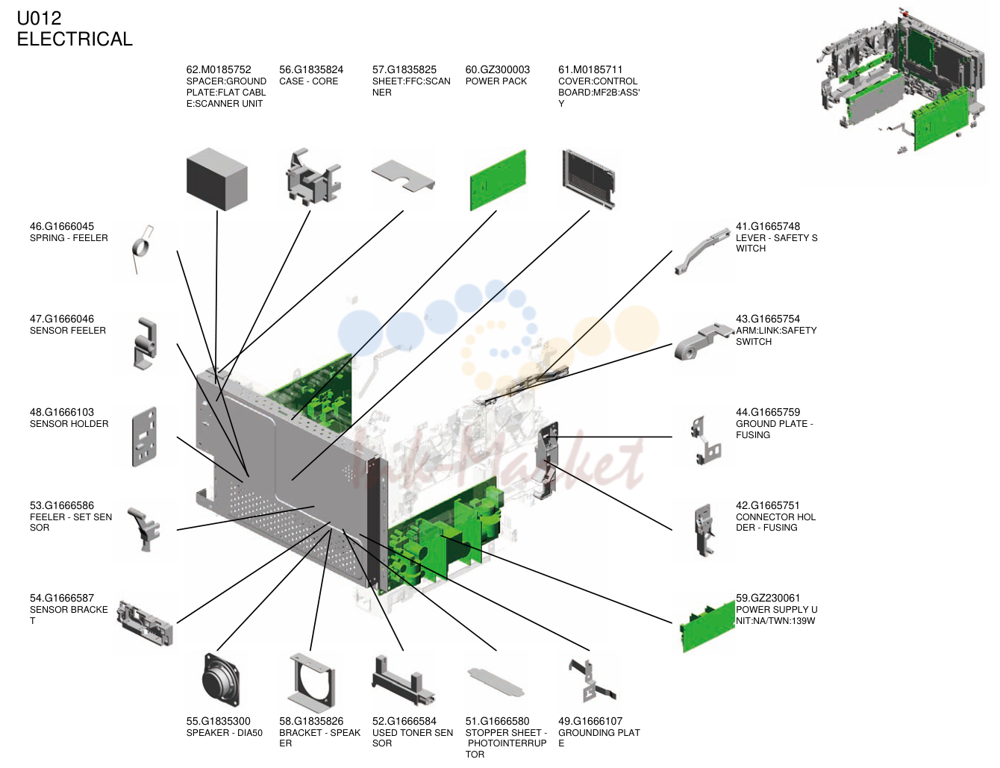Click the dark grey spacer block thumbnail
(x=216, y=179)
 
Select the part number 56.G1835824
(x=311, y=70)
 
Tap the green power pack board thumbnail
(x=498, y=181)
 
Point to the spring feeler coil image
(x=143, y=249)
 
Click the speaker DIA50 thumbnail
(x=220, y=679)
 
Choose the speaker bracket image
(x=311, y=683)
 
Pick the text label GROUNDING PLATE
(x=599, y=737)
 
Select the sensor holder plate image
(x=145, y=436)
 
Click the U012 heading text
(x=39, y=19)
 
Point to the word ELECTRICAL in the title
(x=75, y=39)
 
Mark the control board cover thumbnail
(x=589, y=178)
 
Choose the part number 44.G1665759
(x=768, y=412)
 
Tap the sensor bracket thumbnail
(x=145, y=622)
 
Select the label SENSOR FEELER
(x=68, y=331)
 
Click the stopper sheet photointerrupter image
(x=496, y=681)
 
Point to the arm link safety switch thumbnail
(x=703, y=342)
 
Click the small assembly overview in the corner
(x=902, y=81)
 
